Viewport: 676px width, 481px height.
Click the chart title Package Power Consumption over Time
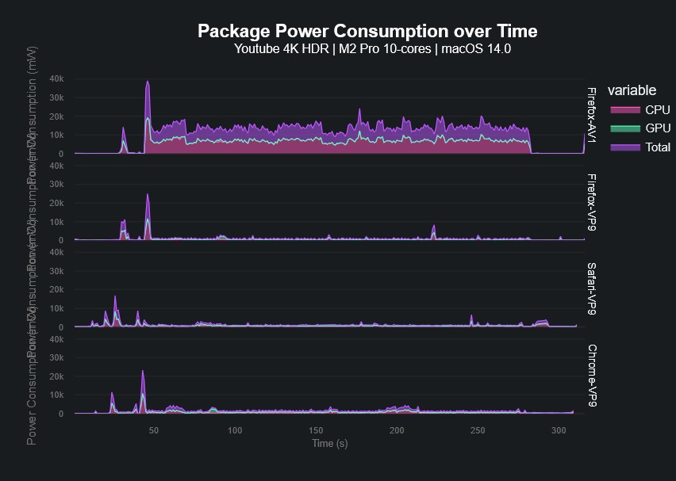pos(367,31)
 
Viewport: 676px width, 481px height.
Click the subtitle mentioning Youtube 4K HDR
pos(372,49)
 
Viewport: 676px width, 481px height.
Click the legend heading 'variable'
pos(631,90)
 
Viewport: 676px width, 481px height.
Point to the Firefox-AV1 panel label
pos(591,116)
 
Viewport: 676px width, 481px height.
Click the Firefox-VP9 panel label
pos(591,202)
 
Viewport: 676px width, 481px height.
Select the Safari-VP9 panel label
pos(591,288)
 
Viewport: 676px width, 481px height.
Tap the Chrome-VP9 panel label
pos(591,376)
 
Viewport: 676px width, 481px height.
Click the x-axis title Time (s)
pos(329,443)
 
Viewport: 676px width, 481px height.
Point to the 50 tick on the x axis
pos(154,430)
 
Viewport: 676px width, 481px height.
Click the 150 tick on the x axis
pos(316,430)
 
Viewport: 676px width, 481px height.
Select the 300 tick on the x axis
pos(559,430)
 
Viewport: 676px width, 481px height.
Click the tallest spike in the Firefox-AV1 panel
pos(148,82)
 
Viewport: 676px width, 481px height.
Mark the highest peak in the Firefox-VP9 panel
pos(148,194)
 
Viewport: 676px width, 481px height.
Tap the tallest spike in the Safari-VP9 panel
pos(116,296)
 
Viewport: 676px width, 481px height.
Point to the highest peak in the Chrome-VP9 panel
pos(143,371)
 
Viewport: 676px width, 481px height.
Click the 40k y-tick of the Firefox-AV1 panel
pos(56,78)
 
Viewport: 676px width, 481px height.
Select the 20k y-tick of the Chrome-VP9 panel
pos(56,376)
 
